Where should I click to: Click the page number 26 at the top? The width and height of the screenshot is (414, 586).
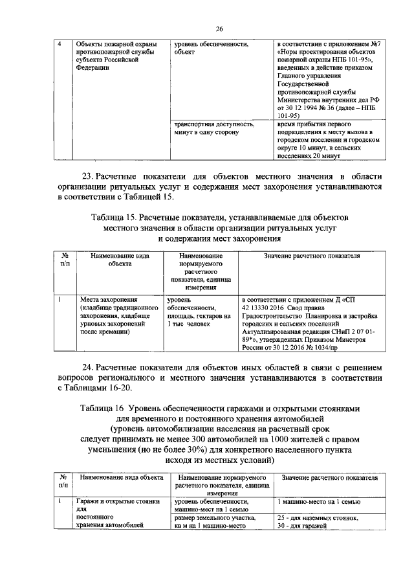pos(219,29)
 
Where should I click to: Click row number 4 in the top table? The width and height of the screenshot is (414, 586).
pos(60,45)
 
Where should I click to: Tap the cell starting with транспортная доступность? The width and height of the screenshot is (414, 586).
pos(213,128)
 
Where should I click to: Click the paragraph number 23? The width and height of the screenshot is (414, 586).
pos(88,175)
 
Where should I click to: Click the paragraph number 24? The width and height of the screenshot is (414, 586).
pos(88,366)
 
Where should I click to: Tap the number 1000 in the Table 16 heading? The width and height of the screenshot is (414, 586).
pos(275,439)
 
